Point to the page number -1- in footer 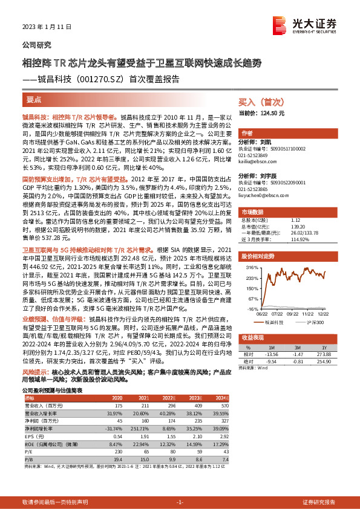point(180,503)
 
